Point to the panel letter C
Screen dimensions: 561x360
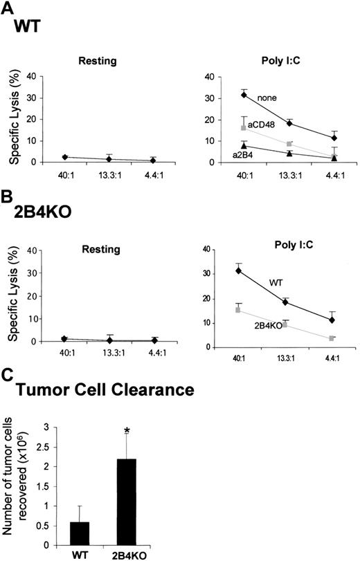[7, 376]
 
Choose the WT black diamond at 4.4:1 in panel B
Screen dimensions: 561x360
[333, 320]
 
